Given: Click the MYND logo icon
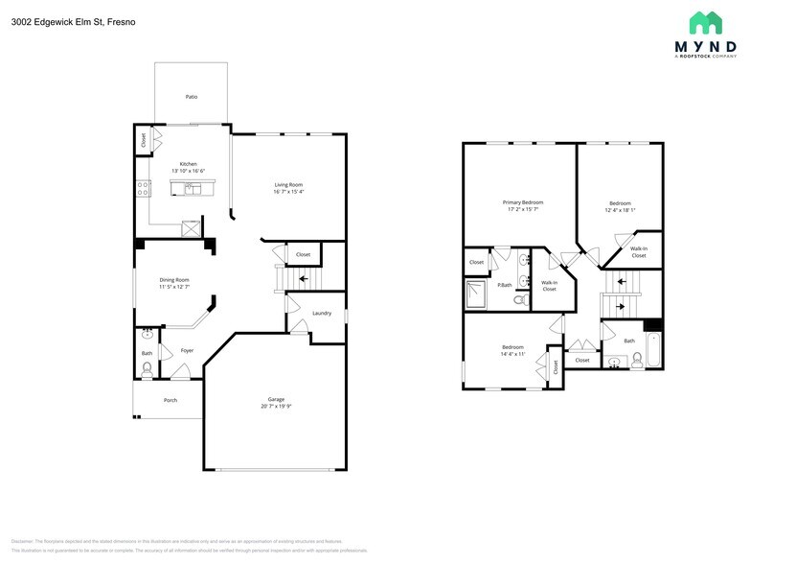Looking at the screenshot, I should pos(705,23).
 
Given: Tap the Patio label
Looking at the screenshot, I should pos(192,97).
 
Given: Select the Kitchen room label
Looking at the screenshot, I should pos(189,164).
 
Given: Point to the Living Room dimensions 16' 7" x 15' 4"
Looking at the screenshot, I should pos(288,192).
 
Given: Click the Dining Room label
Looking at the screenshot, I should pos(174,280).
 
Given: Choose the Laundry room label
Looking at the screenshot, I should pos(322,313).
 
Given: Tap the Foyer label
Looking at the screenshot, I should pos(187,350).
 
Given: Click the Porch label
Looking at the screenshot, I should pos(171,400).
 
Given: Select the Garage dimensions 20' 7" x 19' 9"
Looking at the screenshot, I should pos(276,406).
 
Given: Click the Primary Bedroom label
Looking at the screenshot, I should pos(523,202).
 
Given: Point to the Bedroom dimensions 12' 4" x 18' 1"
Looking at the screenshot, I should pos(620,210).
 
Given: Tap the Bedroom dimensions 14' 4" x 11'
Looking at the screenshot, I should pos(512,354).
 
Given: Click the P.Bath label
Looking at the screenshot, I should pos(504,285).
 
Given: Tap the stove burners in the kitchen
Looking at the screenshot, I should pos(143,188).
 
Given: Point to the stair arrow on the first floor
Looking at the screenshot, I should pos(304,280).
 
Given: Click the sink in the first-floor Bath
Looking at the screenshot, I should pos(146,335).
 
